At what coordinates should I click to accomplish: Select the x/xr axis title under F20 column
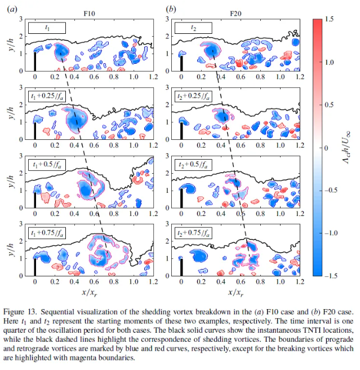[234, 293]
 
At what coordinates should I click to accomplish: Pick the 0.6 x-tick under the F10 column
[94, 283]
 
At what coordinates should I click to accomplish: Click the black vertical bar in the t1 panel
[35, 61]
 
